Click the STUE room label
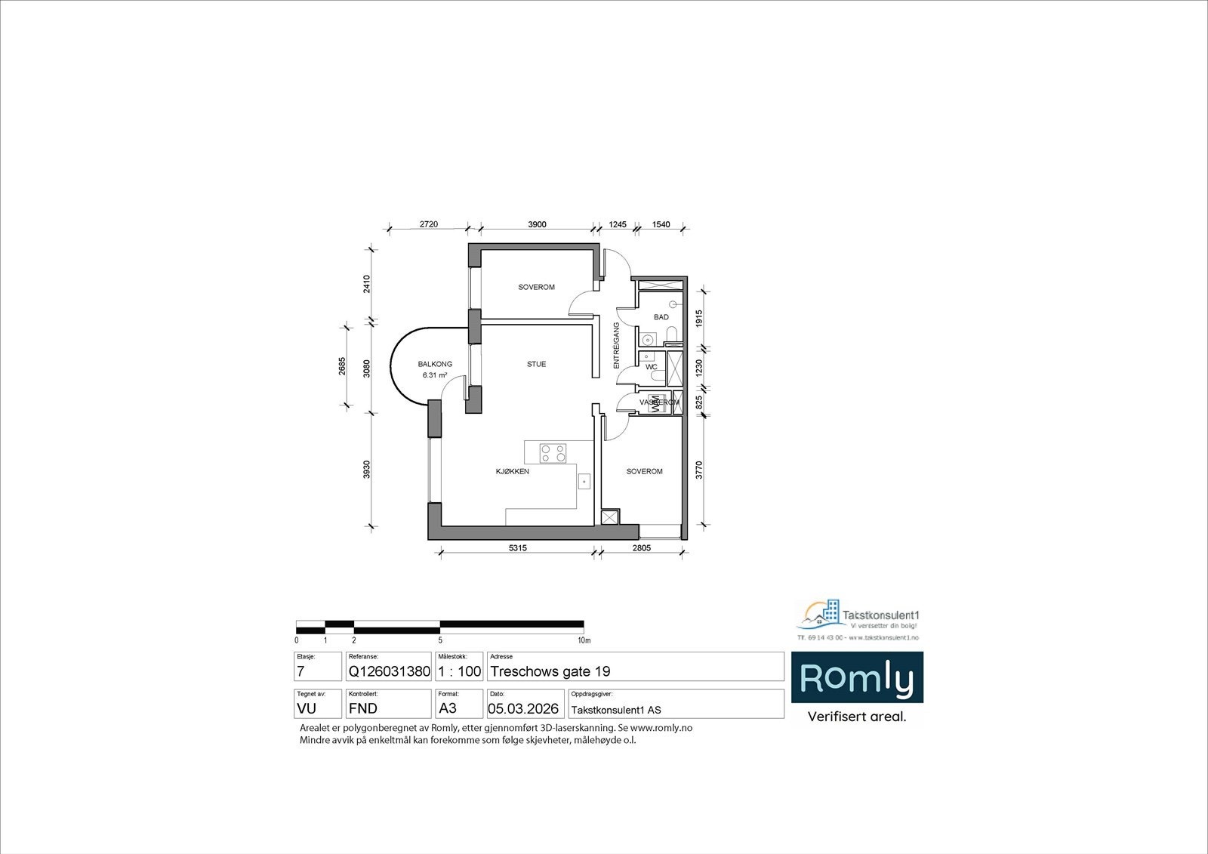pyautogui.click(x=536, y=364)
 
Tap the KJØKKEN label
pyautogui.click(x=512, y=471)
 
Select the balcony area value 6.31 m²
pyautogui.click(x=435, y=375)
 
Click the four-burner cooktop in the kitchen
pyautogui.click(x=553, y=453)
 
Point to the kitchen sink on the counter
pyautogui.click(x=584, y=481)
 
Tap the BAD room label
pyautogui.click(x=661, y=317)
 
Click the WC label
pyautogui.click(x=650, y=368)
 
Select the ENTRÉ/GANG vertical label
pyautogui.click(x=616, y=346)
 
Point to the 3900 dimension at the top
pyautogui.click(x=537, y=224)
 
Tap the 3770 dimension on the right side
pyautogui.click(x=699, y=470)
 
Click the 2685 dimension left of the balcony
pyautogui.click(x=342, y=365)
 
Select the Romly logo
pyautogui.click(x=856, y=678)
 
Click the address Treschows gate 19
pyautogui.click(x=550, y=671)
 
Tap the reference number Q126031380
pyautogui.click(x=389, y=671)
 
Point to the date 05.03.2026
pyautogui.click(x=523, y=709)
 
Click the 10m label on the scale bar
pyautogui.click(x=583, y=640)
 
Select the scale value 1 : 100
pyautogui.click(x=459, y=671)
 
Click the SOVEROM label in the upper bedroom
pyautogui.click(x=536, y=287)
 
